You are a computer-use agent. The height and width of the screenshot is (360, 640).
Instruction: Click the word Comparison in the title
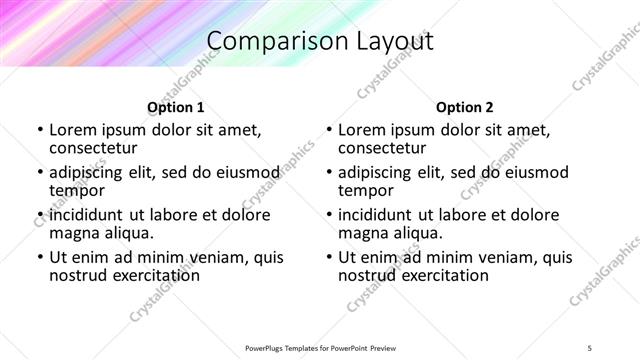tap(269, 41)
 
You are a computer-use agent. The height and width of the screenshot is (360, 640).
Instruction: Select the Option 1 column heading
tap(176, 107)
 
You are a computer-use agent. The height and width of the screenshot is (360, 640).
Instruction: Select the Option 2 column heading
tap(465, 107)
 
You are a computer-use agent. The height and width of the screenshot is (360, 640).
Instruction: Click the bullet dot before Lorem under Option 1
tap(39, 131)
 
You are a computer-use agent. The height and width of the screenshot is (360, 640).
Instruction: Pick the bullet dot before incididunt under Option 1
tap(39, 216)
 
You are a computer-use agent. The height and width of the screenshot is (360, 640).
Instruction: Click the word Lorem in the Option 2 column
tap(362, 130)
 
